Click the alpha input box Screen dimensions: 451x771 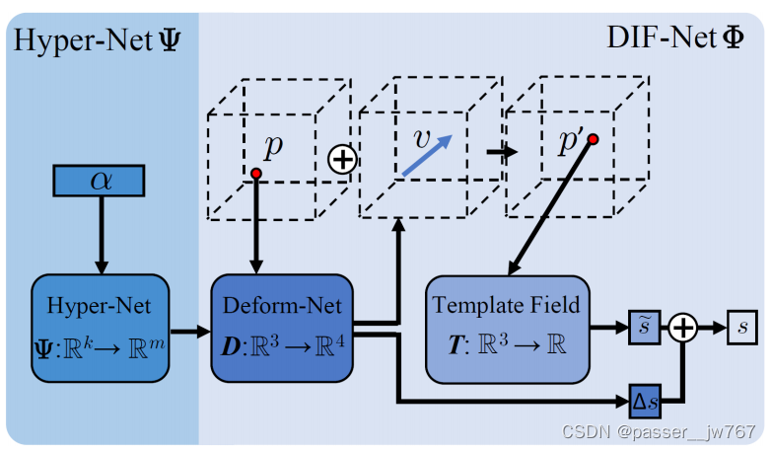pos(100,181)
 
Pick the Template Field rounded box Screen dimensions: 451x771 pos(506,329)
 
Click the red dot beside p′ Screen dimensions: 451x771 pos(593,139)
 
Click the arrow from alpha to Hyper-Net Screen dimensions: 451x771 pos(100,232)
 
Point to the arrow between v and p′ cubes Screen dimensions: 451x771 pos(503,152)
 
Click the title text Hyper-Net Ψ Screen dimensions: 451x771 pos(96,41)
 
